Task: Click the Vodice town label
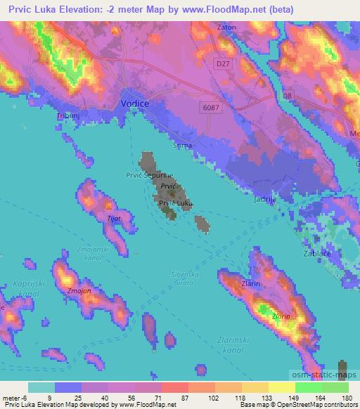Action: [136, 103]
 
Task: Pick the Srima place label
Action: [182, 145]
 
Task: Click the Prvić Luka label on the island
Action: [175, 203]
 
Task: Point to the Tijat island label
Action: [112, 219]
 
